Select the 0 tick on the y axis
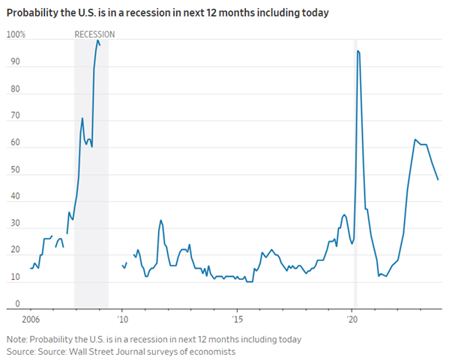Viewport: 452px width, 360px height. coord(9,304)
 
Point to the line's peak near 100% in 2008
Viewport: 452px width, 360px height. coord(97,40)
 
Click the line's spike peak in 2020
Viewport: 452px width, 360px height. coord(358,50)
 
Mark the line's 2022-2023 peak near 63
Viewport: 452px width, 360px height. coord(415,139)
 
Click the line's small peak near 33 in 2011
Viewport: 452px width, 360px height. coord(160,220)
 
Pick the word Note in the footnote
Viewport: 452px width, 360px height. coord(16,339)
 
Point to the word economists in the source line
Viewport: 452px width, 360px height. coord(215,351)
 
